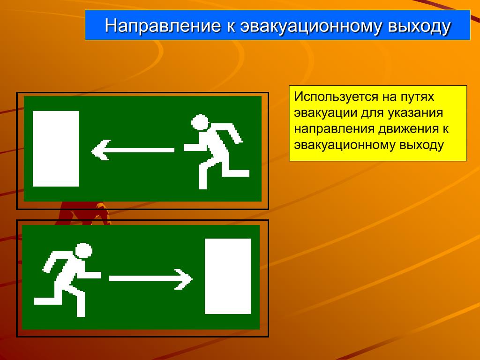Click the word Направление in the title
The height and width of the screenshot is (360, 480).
click(x=163, y=25)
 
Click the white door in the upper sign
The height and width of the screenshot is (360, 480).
click(x=56, y=149)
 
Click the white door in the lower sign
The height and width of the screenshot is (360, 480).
click(x=228, y=276)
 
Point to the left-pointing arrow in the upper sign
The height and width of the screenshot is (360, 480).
click(x=133, y=150)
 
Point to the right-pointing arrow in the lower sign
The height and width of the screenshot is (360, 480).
click(x=151, y=279)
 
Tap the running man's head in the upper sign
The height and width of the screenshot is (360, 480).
click(x=200, y=122)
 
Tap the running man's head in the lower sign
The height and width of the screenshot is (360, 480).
click(x=83, y=251)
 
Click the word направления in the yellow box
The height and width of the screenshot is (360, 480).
click(x=334, y=129)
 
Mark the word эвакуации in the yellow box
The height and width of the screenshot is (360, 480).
click(x=325, y=113)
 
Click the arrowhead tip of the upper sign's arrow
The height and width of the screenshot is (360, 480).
click(x=92, y=150)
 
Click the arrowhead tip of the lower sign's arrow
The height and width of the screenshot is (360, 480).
click(x=192, y=279)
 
